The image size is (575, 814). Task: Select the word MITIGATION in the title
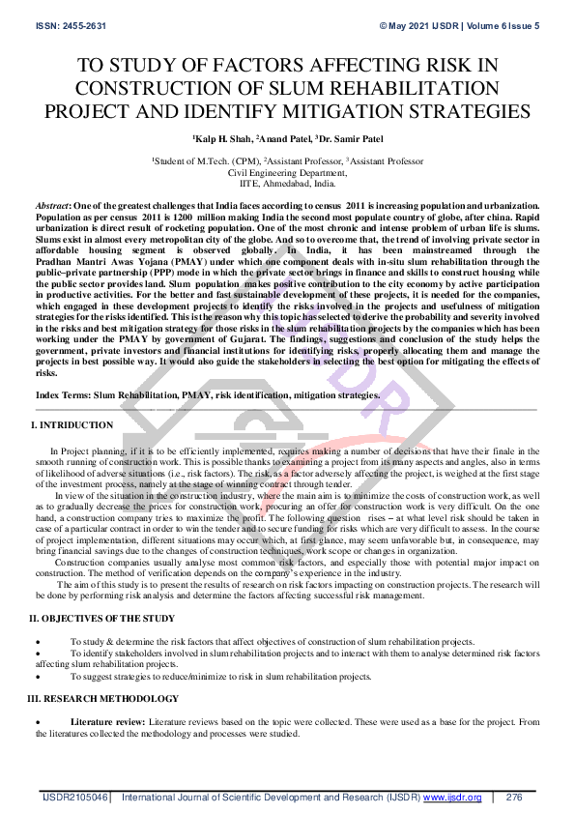378,110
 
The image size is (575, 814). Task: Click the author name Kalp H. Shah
222,139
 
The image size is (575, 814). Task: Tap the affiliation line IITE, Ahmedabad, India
287,182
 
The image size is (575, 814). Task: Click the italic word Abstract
52,207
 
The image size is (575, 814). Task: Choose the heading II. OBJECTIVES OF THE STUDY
101,618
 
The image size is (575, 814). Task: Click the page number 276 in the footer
514,798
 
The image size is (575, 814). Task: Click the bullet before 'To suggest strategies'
38,678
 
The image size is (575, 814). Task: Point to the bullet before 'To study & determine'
38,642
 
